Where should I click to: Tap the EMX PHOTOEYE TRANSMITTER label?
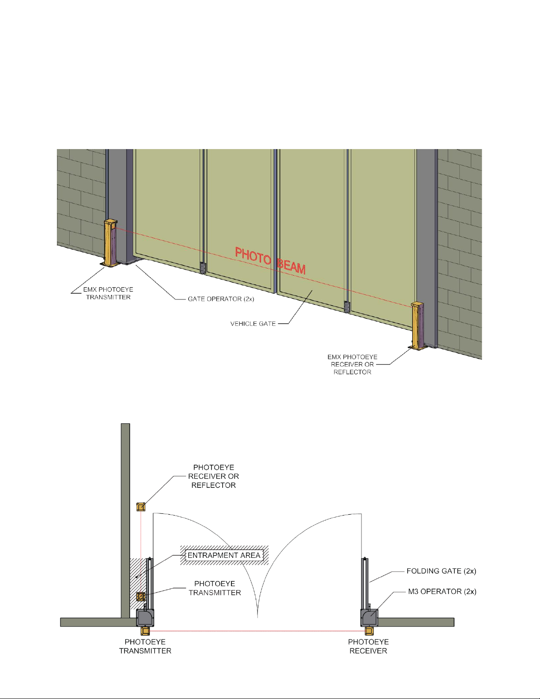click(108, 293)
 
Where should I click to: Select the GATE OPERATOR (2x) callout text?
click(221, 299)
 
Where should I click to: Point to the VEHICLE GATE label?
click(253, 324)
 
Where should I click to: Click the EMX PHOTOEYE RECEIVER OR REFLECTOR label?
click(352, 364)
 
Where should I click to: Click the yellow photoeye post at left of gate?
click(110, 243)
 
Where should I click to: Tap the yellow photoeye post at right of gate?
click(417, 326)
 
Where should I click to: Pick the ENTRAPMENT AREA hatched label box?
click(224, 555)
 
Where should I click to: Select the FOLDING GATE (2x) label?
click(441, 571)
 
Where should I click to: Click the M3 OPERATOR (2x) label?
click(442, 591)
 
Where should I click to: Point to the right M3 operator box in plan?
click(369, 618)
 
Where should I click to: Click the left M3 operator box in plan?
click(145, 618)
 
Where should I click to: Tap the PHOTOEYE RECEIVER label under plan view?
click(369, 646)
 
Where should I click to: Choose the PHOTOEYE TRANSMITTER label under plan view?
click(145, 646)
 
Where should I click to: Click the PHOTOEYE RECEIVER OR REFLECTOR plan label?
click(213, 476)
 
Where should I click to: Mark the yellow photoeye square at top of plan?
click(141, 507)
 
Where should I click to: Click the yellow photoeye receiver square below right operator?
click(369, 631)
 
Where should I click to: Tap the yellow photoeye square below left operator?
click(145, 631)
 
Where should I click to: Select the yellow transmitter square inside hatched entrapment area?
click(141, 597)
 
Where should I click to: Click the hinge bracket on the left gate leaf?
click(202, 268)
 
